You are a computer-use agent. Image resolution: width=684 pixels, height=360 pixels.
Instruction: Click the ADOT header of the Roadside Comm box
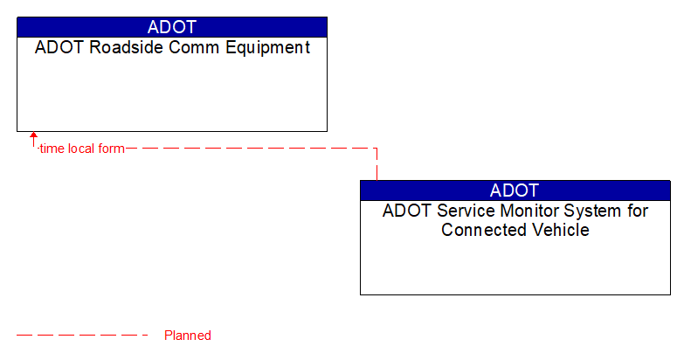coord(172,27)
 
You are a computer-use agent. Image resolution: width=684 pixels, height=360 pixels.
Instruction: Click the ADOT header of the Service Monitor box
coord(515,190)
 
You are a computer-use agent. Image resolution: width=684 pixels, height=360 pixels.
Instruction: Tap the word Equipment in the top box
coord(268,48)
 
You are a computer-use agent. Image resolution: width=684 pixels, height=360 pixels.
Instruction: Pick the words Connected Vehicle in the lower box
coord(515,231)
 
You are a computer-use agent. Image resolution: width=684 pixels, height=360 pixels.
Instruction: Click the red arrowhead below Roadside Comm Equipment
coord(33,136)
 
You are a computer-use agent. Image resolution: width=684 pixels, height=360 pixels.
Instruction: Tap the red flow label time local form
coord(81,149)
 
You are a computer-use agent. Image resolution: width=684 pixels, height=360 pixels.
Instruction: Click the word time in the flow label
coord(52,149)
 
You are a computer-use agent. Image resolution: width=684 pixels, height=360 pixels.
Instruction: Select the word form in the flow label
coord(111,149)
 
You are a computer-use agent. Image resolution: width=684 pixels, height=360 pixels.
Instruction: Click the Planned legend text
coord(188,336)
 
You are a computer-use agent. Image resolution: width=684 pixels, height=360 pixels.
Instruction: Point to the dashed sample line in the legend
coord(83,336)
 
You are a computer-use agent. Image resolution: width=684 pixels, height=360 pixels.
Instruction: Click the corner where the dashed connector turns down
coord(377,149)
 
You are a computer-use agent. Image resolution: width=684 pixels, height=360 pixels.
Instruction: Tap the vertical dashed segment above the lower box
coord(377,166)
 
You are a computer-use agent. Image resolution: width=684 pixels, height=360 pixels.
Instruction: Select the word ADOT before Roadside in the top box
coord(54,48)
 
